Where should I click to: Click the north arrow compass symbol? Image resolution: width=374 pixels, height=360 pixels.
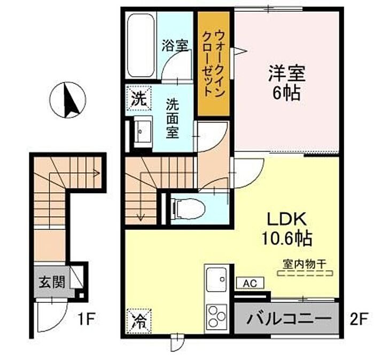(67, 100)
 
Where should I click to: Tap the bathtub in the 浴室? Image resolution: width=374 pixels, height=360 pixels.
(141, 45)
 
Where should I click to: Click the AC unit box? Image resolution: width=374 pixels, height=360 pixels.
(250, 283)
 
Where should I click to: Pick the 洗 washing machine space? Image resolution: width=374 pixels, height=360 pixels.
(139, 98)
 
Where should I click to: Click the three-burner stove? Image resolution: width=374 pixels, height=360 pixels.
(216, 317)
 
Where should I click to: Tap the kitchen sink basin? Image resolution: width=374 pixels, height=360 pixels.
(216, 279)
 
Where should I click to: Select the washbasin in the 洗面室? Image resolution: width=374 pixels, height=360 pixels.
(143, 131)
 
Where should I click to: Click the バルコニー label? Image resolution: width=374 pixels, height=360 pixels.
(289, 318)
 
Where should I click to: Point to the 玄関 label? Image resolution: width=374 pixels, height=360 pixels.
(52, 282)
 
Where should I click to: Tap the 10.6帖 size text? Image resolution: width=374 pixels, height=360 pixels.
(287, 238)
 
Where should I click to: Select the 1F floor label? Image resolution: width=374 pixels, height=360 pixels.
(87, 319)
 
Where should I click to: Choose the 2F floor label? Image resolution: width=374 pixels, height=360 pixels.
(357, 319)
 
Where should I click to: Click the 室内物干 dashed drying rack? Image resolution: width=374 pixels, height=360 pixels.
(305, 273)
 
